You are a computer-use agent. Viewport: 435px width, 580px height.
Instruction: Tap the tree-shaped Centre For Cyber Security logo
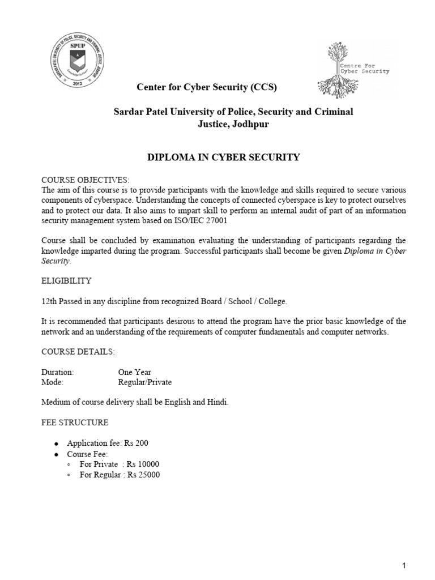[x=357, y=69]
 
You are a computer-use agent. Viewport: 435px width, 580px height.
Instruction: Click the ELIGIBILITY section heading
[x=66, y=280]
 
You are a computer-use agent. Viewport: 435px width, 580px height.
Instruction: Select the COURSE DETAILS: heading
[x=78, y=352]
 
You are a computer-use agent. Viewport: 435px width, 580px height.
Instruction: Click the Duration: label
[x=58, y=372]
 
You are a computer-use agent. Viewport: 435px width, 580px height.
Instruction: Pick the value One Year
[x=134, y=372]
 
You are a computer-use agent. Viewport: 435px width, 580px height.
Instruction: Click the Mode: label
[x=53, y=382]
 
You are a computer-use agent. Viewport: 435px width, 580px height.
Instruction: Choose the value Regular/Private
[x=144, y=382]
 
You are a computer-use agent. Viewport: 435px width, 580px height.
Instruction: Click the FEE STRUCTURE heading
[x=74, y=423]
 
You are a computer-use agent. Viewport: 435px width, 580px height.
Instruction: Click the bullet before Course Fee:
[x=56, y=454]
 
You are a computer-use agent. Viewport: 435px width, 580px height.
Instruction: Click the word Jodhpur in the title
[x=246, y=125]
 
